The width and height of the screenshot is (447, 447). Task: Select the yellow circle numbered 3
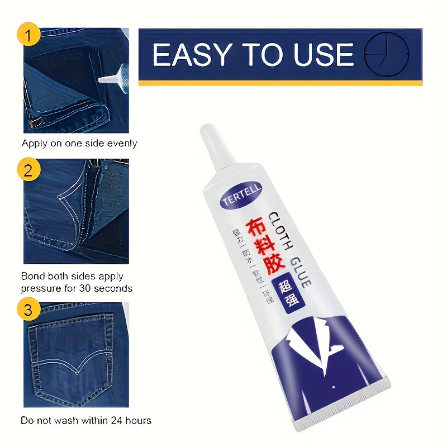tap(28, 310)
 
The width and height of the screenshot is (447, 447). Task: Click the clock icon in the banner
tap(386, 54)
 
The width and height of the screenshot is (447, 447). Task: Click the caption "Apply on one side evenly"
tap(79, 144)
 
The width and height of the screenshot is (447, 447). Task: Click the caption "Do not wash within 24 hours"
tap(86, 420)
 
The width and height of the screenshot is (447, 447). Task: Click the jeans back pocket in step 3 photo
tap(70, 358)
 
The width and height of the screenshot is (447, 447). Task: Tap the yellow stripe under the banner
tap(280, 83)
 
